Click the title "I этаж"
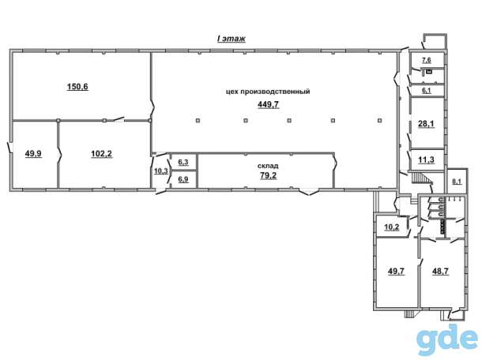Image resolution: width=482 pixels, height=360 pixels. tap(232, 39)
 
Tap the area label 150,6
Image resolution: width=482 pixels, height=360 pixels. tap(77, 87)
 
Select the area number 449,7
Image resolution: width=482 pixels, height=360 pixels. tap(268, 105)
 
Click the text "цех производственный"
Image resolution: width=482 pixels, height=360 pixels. tap(268, 92)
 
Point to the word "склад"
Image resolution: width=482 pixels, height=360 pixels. tap(268, 166)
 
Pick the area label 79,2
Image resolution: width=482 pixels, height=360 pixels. tap(268, 175)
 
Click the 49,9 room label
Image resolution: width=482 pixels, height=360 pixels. tap(33, 153)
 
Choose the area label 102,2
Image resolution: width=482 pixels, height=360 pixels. tap(102, 153)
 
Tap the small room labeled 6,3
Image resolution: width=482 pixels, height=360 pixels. tap(183, 162)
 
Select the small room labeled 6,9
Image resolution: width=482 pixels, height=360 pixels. tap(183, 179)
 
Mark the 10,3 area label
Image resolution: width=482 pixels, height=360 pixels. tap(160, 171)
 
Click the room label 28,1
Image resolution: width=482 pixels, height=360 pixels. tap(426, 124)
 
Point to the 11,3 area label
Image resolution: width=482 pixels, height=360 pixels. tap(427, 159)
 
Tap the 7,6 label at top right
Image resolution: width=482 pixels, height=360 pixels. tap(427, 60)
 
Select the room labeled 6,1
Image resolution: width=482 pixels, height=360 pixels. tap(427, 90)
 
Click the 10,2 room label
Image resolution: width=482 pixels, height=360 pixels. tap(392, 227)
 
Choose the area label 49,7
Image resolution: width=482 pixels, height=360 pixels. tap(396, 272)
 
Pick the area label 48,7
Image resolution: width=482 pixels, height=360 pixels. tap(440, 272)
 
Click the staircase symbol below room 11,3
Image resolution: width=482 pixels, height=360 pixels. tap(420, 178)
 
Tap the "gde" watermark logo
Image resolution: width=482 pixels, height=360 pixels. tap(447, 339)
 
